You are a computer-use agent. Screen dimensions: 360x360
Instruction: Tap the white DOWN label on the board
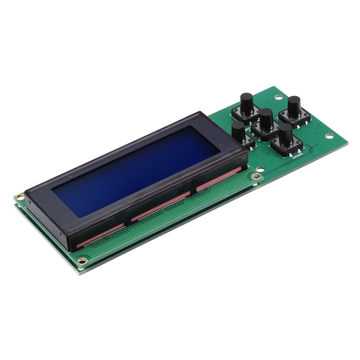297,157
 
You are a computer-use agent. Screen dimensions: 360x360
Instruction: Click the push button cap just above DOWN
285,133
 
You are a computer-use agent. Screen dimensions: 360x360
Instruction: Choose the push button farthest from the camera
246,102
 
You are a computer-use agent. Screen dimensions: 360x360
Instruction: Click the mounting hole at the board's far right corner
329,136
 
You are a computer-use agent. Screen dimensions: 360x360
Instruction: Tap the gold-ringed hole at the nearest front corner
81,261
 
